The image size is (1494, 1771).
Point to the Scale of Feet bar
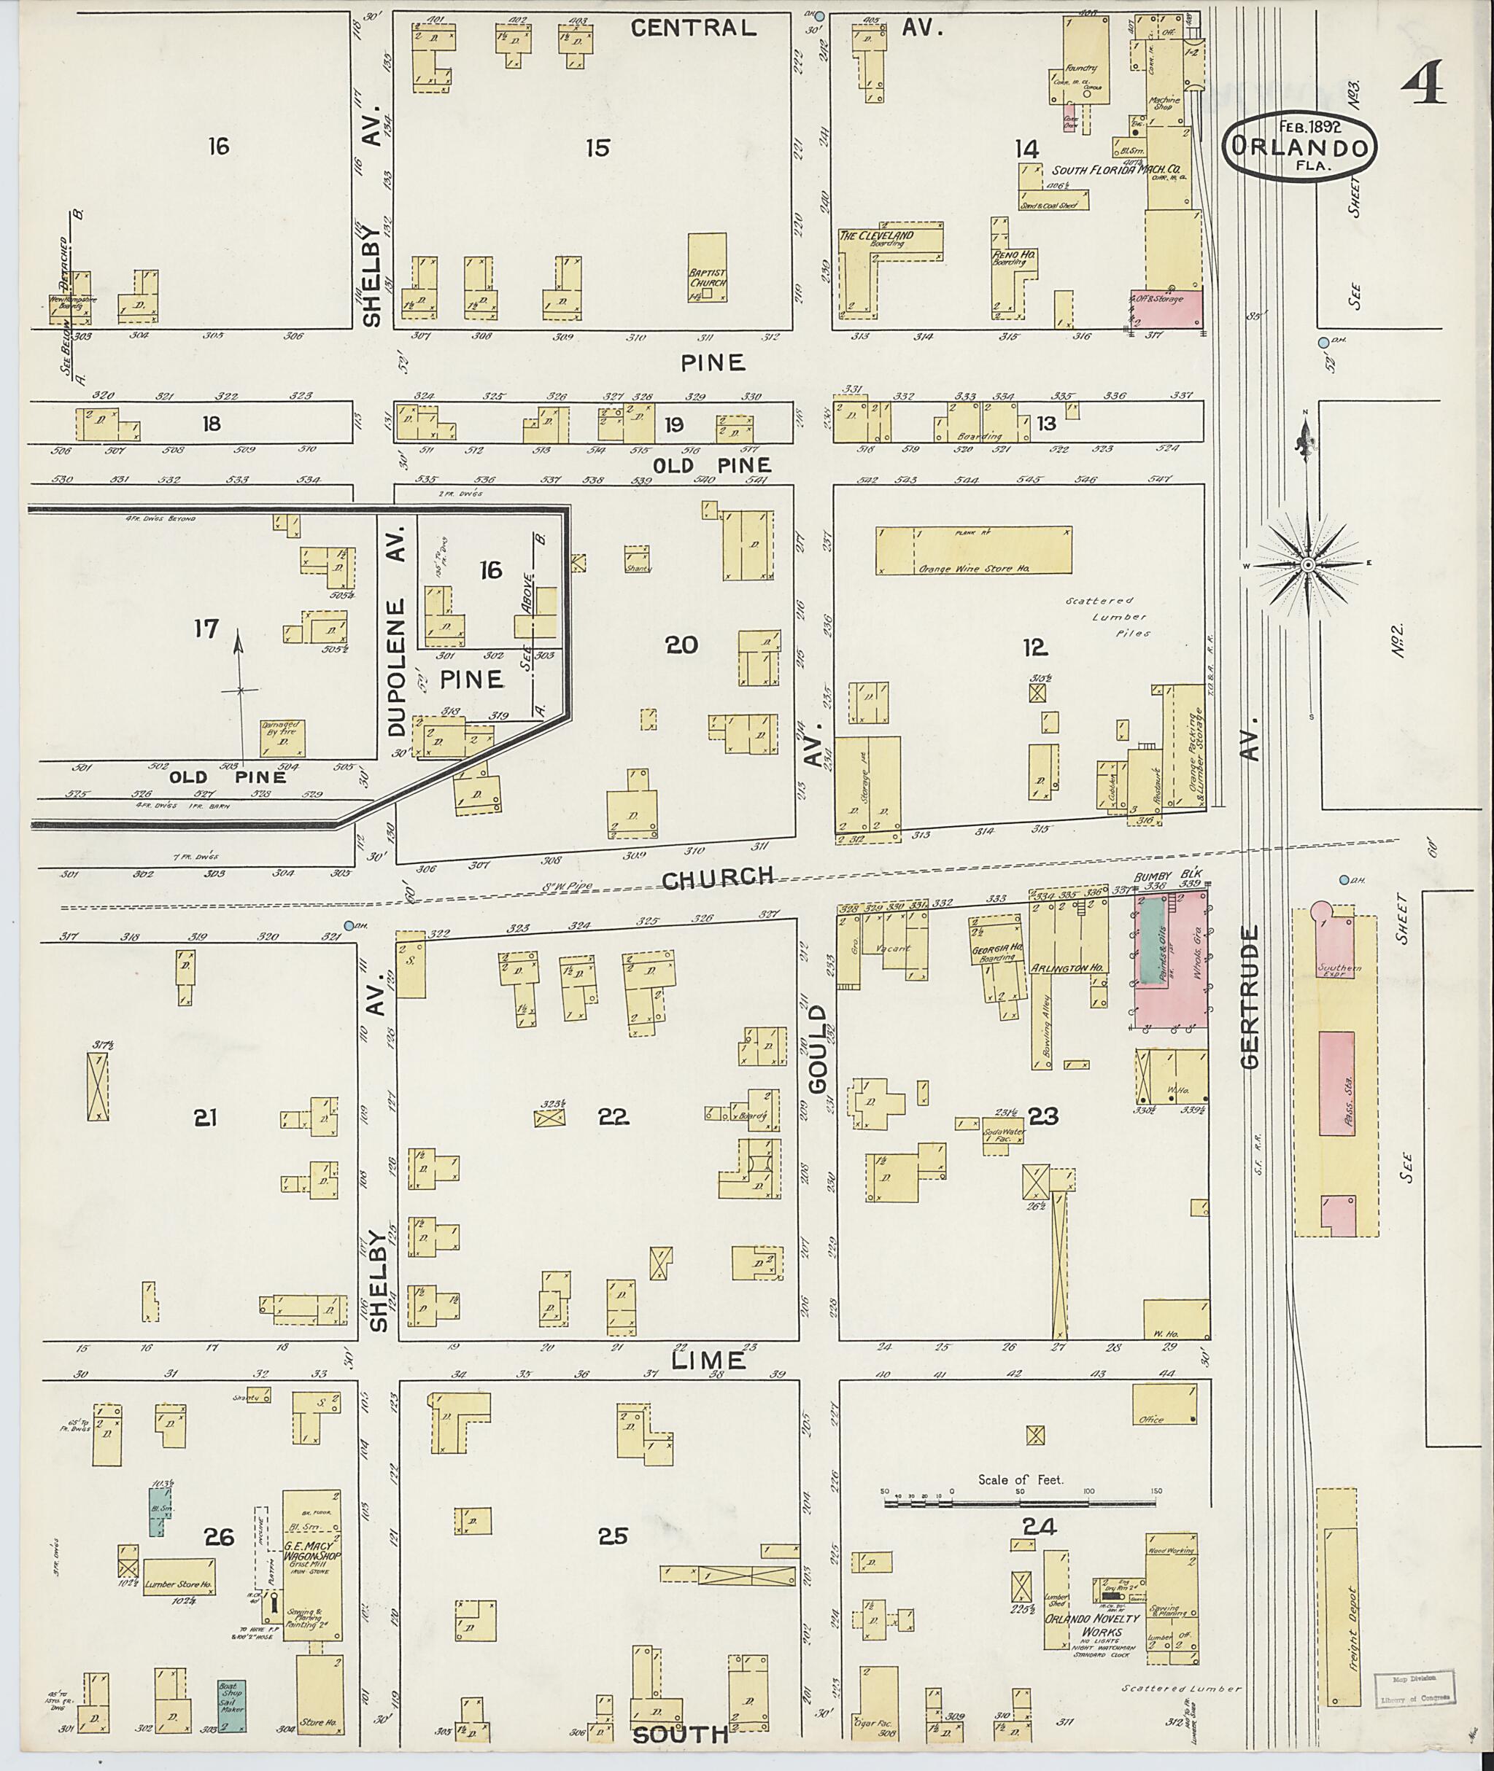point(1020,1503)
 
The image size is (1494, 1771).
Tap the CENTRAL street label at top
point(694,28)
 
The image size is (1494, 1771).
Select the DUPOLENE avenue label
point(398,631)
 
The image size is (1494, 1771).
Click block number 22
point(614,1118)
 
